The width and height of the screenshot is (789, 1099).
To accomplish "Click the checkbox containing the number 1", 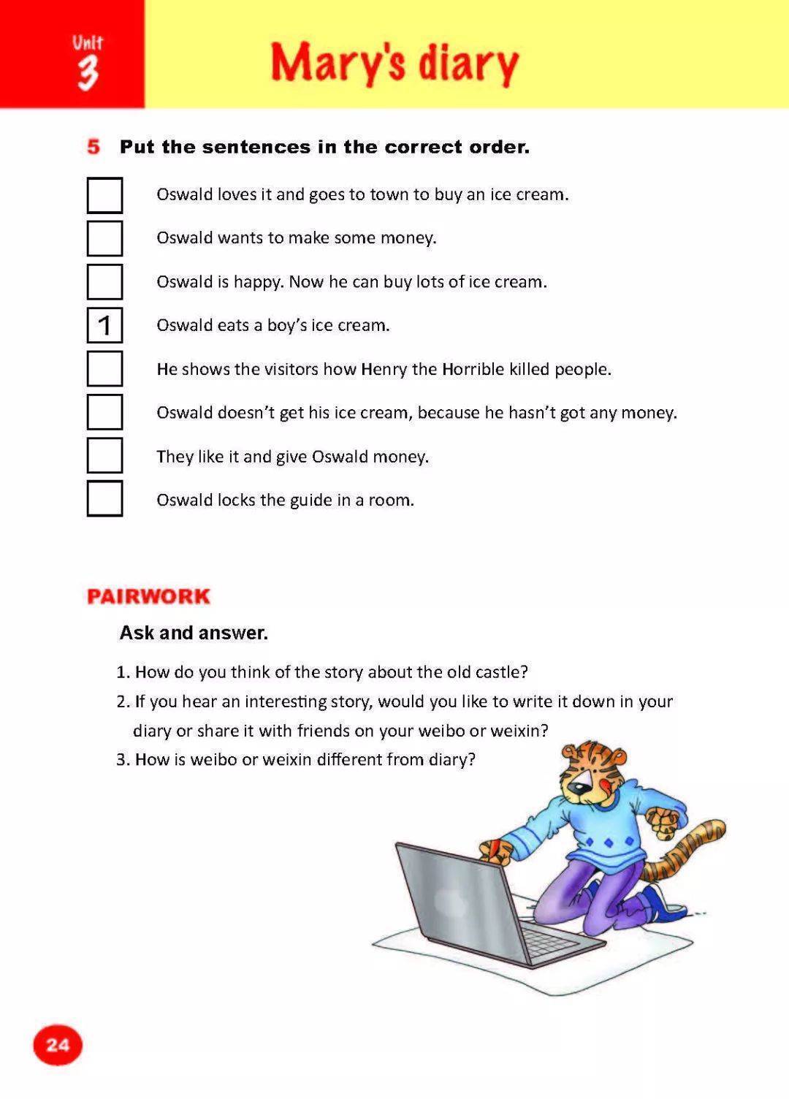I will coord(104,325).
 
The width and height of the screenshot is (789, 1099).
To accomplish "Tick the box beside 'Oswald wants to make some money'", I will coord(104,238).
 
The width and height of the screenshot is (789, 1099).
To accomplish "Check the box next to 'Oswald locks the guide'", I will coord(104,499).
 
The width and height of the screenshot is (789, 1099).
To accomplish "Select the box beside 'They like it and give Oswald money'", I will coord(104,455).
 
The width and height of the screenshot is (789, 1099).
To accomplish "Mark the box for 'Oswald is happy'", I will coord(104,282).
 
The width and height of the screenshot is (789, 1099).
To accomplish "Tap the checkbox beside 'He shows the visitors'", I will coord(104,369).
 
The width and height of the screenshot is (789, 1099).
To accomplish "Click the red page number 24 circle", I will coord(58,1045).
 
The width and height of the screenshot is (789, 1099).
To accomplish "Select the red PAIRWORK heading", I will coord(148,596).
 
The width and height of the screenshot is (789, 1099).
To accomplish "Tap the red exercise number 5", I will coord(94,147).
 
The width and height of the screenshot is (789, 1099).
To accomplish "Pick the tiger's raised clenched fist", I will coord(666,822).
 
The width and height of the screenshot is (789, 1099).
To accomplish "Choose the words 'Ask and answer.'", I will coord(194,633).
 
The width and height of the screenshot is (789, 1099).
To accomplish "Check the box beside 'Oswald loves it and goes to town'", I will coord(104,195).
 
